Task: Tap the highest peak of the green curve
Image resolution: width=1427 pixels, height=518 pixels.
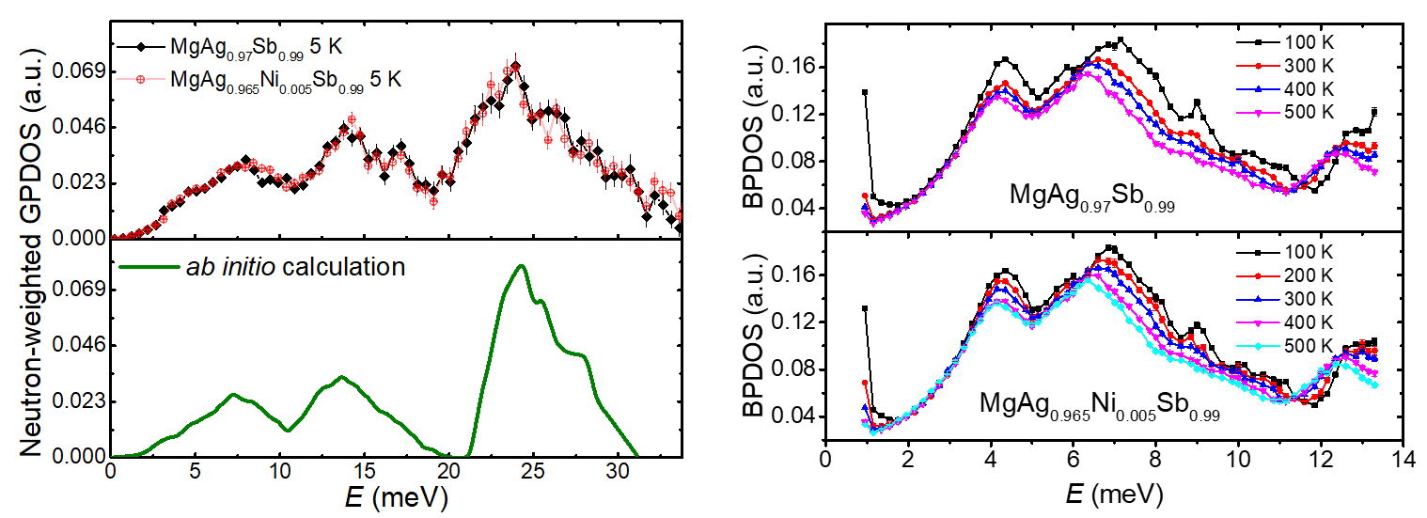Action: pos(520,266)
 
